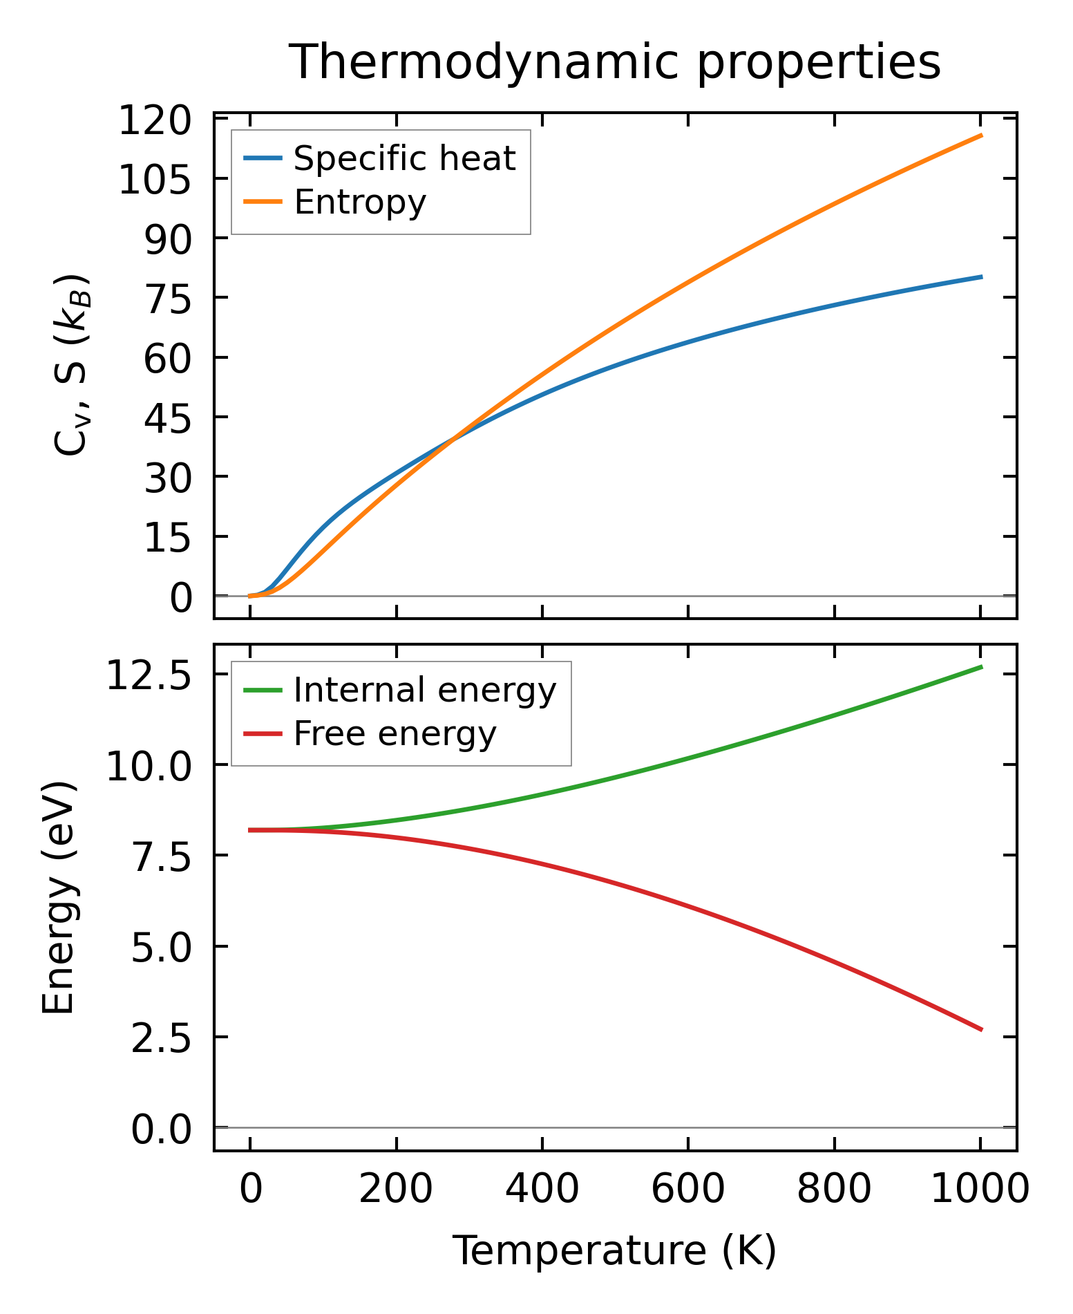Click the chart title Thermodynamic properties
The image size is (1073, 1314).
614,62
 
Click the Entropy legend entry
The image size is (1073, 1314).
360,202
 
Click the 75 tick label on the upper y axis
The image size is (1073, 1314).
167,299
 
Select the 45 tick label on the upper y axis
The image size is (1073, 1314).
167,418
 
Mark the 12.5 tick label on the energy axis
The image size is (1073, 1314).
147,675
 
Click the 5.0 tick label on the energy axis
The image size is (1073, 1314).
160,948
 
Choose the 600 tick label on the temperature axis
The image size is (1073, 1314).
688,1190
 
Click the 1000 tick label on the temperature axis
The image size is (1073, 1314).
980,1190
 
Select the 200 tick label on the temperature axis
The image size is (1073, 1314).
396,1190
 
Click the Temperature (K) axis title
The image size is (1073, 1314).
614,1250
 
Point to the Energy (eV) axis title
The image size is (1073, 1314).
58,898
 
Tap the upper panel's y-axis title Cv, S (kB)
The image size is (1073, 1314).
71,365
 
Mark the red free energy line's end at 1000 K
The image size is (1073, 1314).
981,1030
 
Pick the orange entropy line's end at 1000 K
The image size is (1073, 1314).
981,135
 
